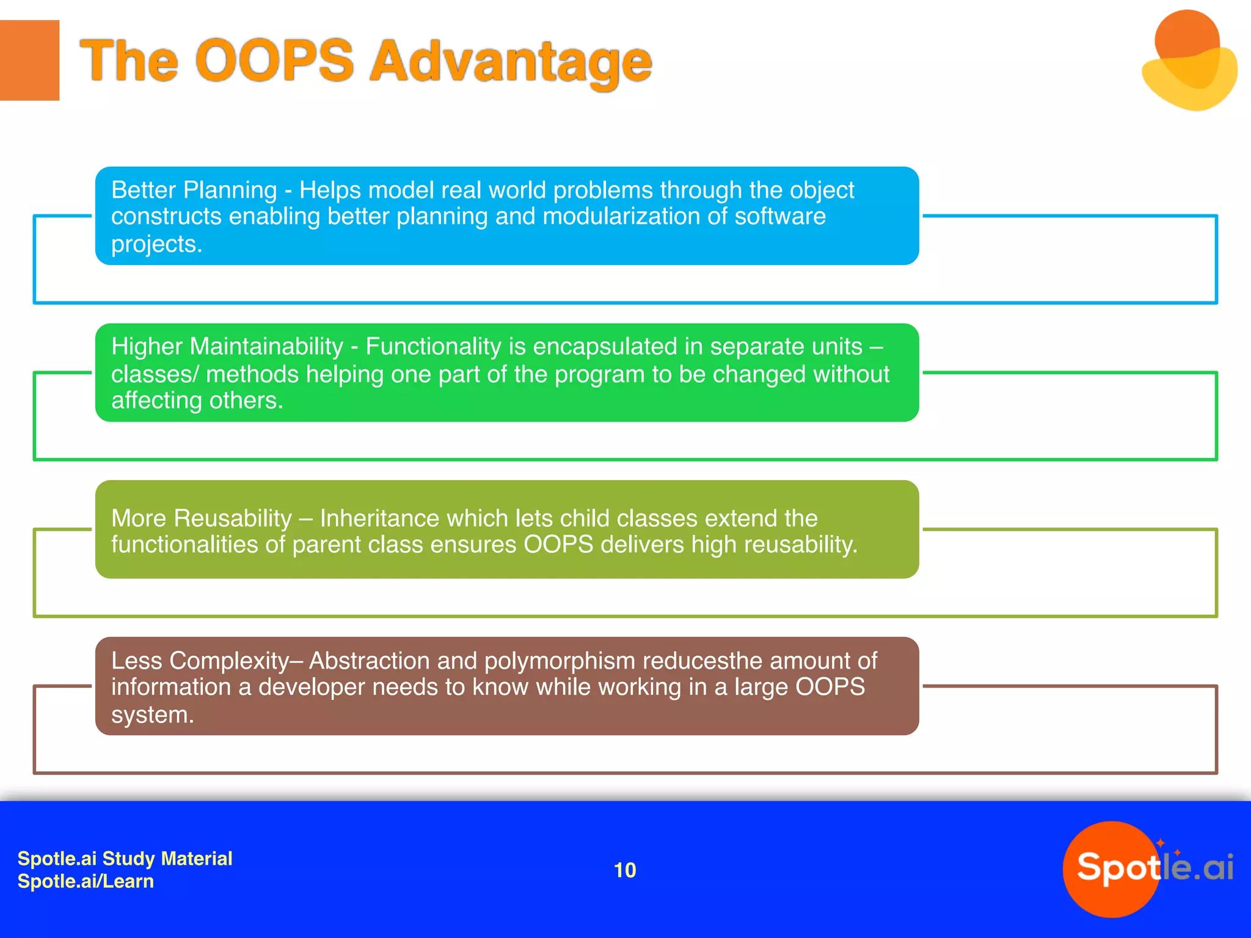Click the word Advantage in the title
point(511,61)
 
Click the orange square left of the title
point(29,60)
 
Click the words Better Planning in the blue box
point(194,190)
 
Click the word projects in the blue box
point(155,244)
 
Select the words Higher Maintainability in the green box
point(227,346)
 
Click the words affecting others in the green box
point(196,401)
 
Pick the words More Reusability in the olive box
point(202,518)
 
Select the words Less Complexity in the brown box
point(200,661)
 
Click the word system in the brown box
point(151,714)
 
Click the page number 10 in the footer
point(624,870)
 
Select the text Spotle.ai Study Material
point(125,858)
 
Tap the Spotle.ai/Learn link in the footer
point(86,881)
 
